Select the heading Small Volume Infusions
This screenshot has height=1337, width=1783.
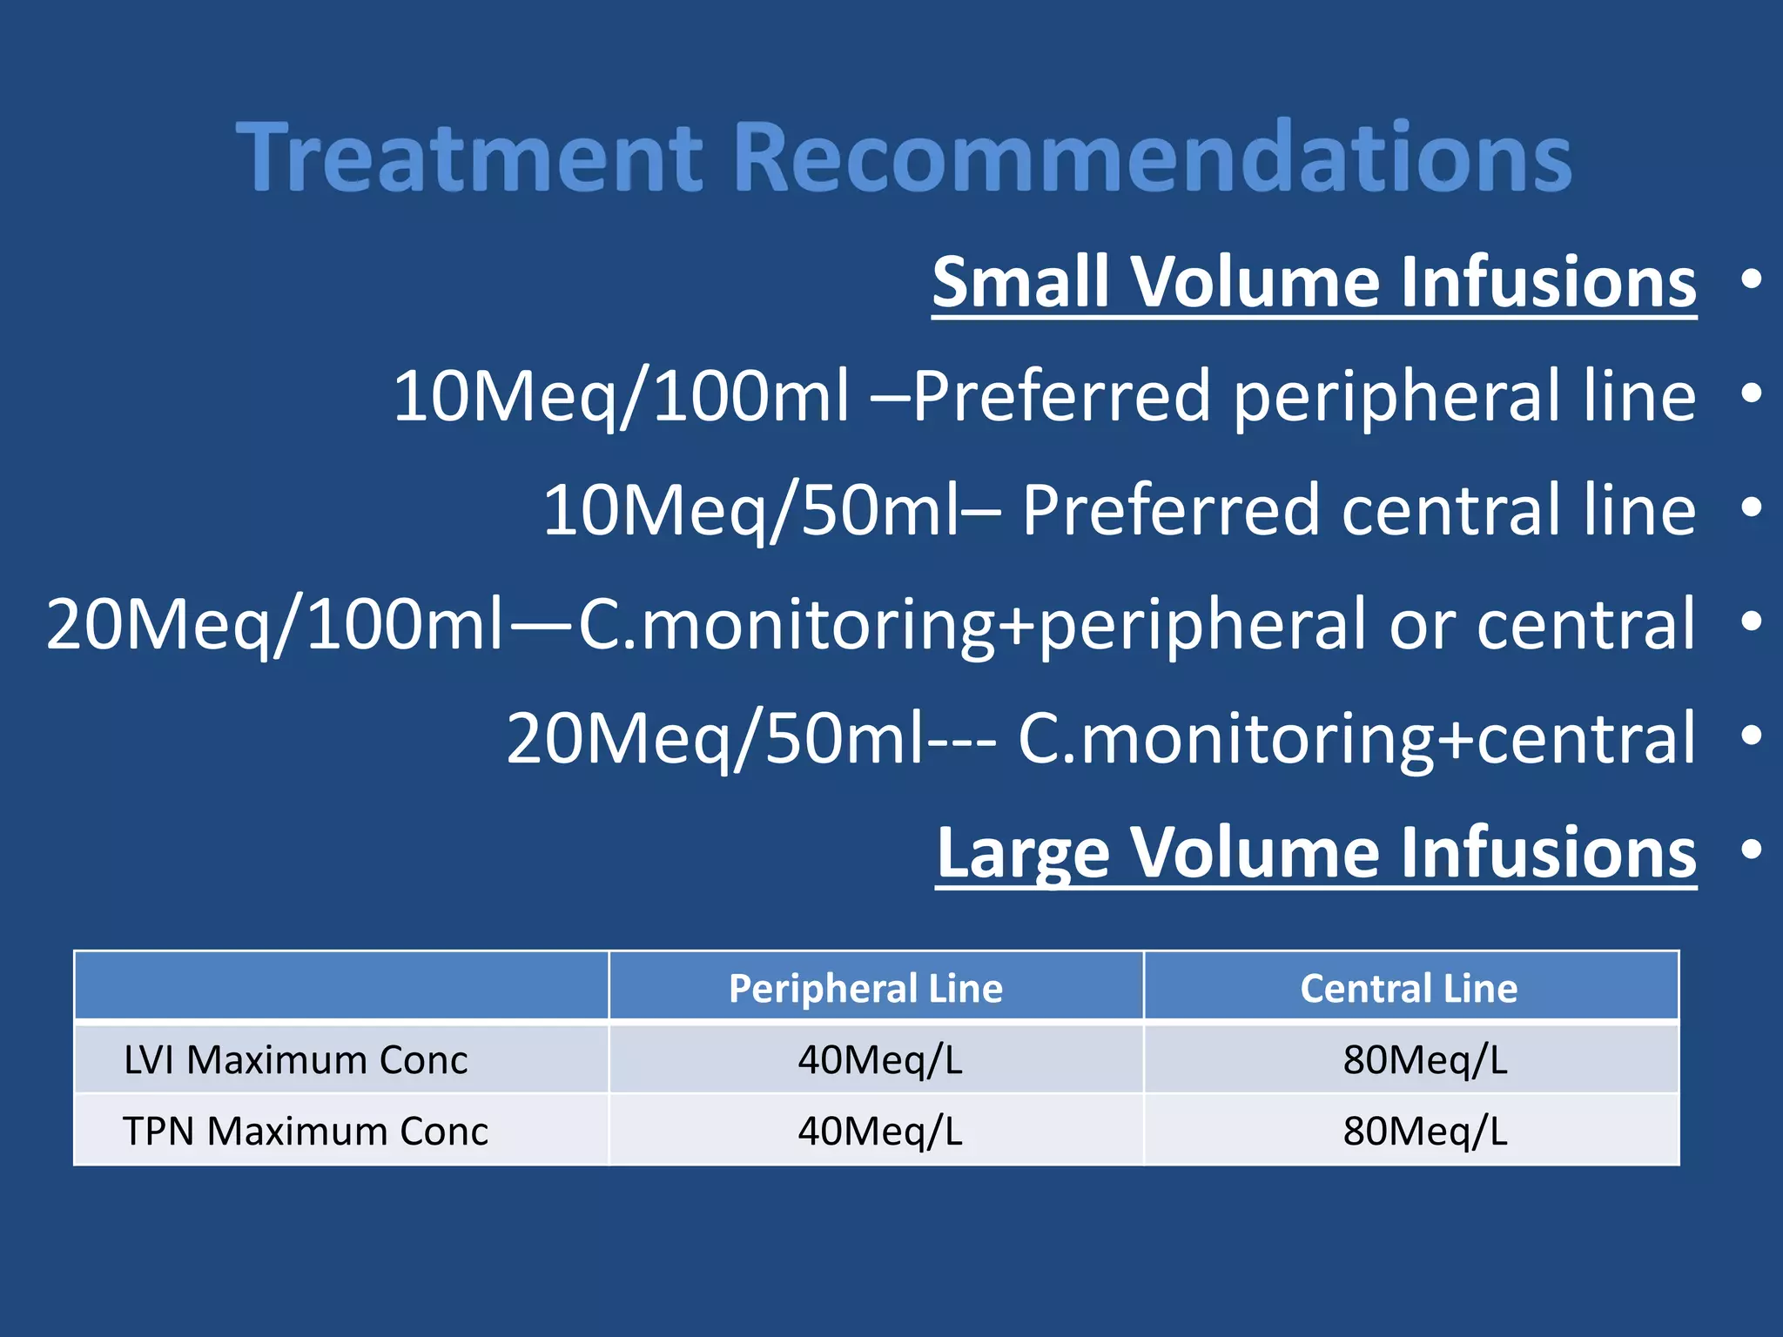[1314, 282]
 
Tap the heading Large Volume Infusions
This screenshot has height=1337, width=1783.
[1315, 852]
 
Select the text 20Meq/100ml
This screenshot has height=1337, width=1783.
[274, 625]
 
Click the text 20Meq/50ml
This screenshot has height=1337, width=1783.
[714, 739]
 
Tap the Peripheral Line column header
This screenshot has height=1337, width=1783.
[865, 988]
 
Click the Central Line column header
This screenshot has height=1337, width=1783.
[1409, 988]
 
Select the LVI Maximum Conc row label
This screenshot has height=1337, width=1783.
[296, 1060]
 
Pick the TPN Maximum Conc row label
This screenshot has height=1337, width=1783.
[306, 1132]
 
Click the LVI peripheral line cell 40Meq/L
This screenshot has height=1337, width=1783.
[879, 1060]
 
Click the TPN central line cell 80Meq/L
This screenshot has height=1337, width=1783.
[1424, 1132]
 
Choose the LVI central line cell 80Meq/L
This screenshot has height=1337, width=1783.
[1424, 1060]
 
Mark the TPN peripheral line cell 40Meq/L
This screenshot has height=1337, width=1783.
[879, 1132]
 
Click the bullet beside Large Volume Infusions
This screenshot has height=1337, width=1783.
[1751, 850]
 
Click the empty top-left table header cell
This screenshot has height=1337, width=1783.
[340, 986]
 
